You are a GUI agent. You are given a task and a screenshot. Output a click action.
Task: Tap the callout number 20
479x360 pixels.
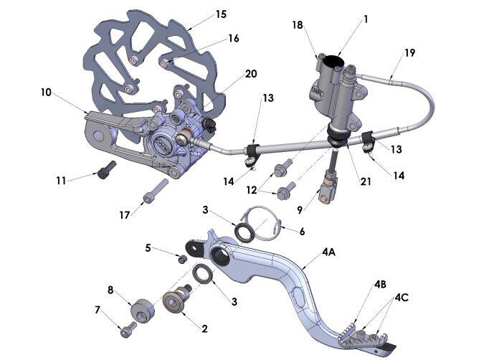(231, 73)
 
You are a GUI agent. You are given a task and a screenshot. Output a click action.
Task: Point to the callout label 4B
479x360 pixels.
(380, 284)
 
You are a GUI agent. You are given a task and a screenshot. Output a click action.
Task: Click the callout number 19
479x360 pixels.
(409, 53)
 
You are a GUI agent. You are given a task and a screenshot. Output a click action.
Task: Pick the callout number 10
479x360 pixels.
(46, 92)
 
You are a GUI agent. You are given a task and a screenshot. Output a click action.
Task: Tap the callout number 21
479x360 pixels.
(366, 182)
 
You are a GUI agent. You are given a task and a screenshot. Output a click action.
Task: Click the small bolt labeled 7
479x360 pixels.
(128, 329)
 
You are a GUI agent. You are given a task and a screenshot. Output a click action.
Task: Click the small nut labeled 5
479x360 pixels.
(182, 258)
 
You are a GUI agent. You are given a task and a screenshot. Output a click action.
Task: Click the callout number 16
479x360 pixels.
(233, 38)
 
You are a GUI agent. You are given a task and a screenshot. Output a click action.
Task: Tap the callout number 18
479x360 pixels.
(298, 24)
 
